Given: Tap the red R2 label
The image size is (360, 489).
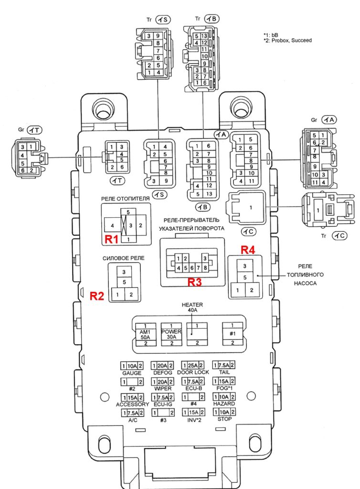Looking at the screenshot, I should click(97, 295).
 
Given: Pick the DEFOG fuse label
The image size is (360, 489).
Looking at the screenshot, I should click(162, 373).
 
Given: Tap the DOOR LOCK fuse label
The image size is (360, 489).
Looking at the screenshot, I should click(192, 372).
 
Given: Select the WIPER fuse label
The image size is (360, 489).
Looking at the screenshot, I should click(162, 389).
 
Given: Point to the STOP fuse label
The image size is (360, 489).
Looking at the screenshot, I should click(224, 419).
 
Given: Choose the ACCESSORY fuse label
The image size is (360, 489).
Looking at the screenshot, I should click(132, 404).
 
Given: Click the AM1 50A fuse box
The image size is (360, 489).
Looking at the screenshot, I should click(145, 334).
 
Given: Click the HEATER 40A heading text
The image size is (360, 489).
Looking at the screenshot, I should click(192, 307).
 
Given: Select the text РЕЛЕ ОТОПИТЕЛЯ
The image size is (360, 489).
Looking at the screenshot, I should click(125, 198).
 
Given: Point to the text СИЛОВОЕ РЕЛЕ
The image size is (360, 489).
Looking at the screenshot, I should click(123, 258).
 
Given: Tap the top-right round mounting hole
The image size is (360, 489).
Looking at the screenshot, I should click(239, 106).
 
